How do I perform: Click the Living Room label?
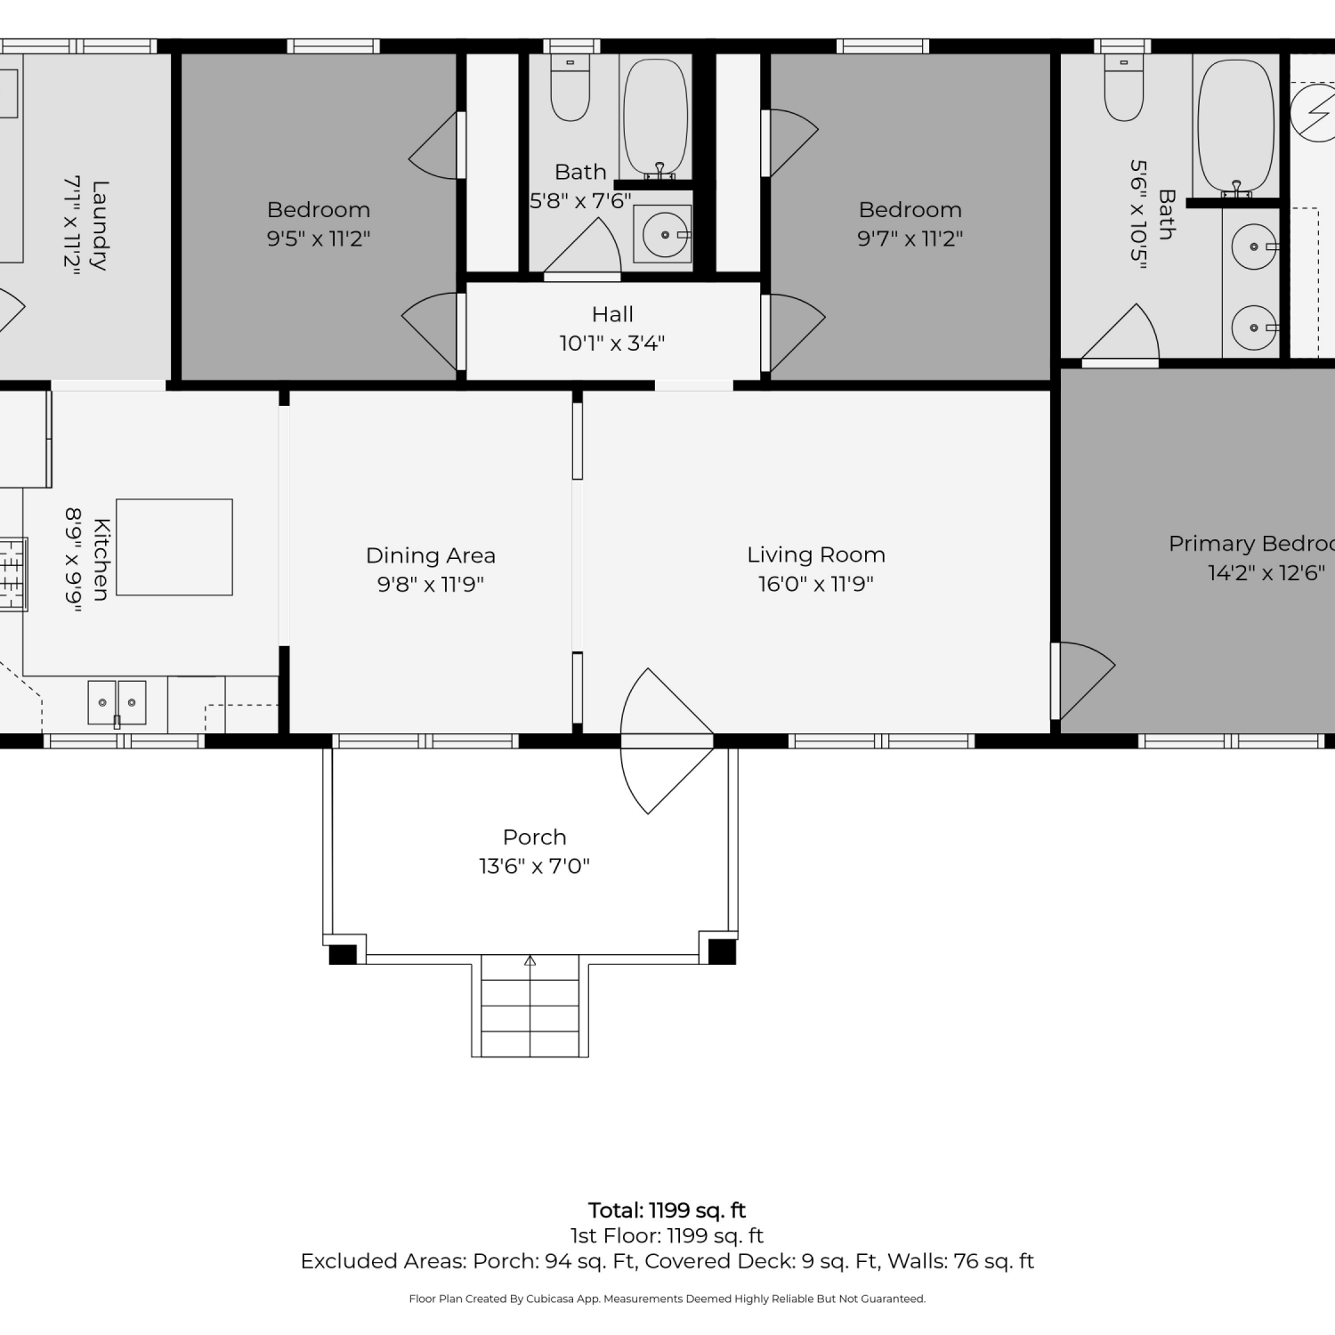(816, 554)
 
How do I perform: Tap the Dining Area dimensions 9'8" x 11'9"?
(431, 584)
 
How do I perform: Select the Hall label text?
(612, 314)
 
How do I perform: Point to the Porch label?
(534, 837)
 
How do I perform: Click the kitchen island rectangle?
(174, 547)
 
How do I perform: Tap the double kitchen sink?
(117, 702)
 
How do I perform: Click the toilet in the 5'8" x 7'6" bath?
(570, 87)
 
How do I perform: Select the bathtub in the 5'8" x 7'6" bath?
(656, 119)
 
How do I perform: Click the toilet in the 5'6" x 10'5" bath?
(1124, 87)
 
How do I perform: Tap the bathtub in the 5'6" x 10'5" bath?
(1236, 126)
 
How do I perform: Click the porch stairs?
(530, 1006)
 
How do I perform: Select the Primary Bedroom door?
(1083, 681)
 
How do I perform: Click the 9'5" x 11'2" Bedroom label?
(319, 210)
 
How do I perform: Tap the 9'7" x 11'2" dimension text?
(910, 239)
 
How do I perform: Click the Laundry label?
(100, 225)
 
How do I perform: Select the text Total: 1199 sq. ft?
(667, 1210)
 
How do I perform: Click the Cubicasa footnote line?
(667, 1299)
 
